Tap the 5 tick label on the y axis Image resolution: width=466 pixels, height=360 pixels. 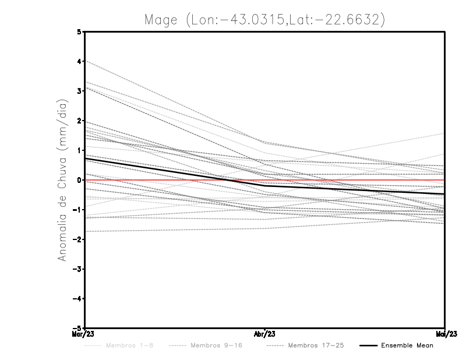80,32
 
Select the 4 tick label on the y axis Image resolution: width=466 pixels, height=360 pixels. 80,62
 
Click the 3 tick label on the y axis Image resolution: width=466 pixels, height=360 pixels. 80,91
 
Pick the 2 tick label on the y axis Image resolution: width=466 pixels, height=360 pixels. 80,121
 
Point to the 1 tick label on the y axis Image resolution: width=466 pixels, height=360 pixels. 80,150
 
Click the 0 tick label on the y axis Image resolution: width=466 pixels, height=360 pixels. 80,180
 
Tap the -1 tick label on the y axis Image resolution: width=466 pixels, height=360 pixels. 78,210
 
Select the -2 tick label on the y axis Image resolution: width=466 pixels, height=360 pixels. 78,239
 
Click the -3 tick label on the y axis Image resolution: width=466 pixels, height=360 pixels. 78,269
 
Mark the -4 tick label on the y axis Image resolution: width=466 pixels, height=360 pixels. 78,299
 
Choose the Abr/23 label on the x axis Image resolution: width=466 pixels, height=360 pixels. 265,334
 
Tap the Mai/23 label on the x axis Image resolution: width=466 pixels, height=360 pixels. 445,334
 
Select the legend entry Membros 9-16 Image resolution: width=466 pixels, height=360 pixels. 216,345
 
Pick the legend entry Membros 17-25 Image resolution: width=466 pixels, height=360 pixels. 316,345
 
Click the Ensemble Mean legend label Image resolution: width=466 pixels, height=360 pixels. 407,345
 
